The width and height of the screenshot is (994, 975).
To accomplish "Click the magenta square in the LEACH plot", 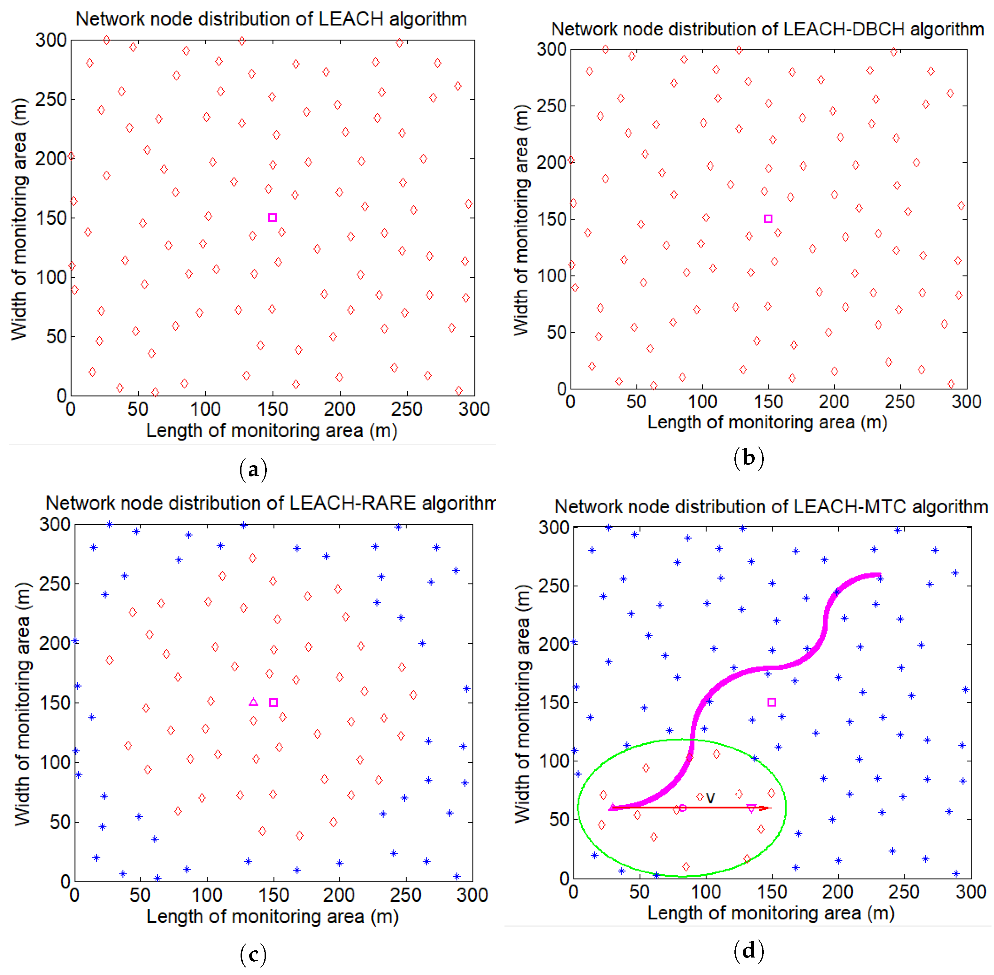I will pyautogui.click(x=272, y=218).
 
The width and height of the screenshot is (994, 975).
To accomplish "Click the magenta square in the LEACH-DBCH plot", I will pyautogui.click(x=767, y=219).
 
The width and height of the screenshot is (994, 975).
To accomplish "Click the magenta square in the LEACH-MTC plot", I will pyautogui.click(x=772, y=702).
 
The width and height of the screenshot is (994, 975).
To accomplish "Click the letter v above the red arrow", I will pyautogui.click(x=710, y=797).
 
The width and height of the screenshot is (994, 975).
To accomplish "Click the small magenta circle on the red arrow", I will pyautogui.click(x=682, y=808).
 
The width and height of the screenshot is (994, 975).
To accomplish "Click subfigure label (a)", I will pyautogui.click(x=253, y=469).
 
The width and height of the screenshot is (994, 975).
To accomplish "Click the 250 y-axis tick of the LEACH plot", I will pyautogui.click(x=51, y=99).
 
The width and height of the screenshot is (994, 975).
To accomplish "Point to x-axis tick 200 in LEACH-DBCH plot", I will pyautogui.click(x=834, y=402).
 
